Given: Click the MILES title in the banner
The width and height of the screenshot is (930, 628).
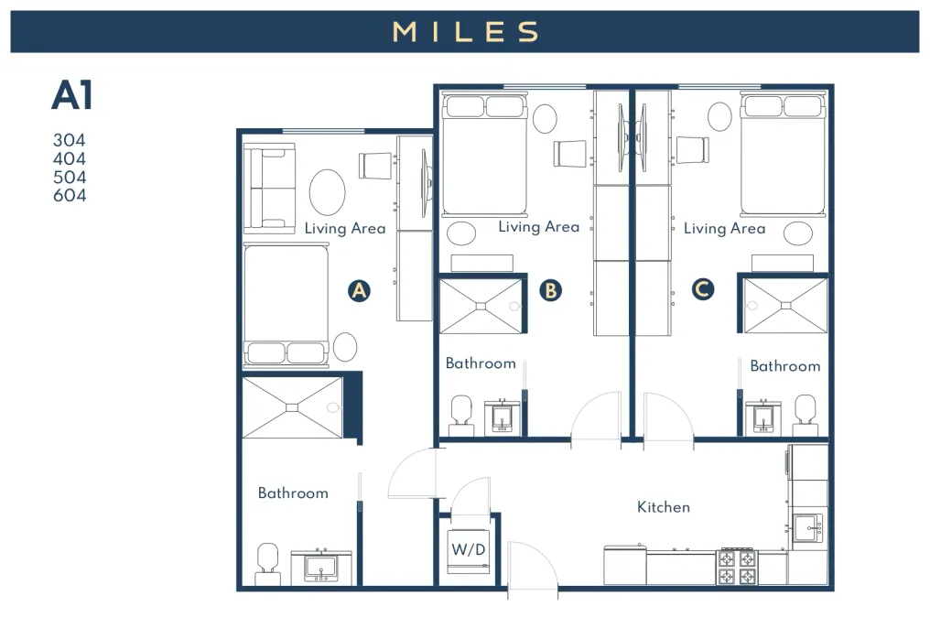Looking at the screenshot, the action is pyautogui.click(x=466, y=31).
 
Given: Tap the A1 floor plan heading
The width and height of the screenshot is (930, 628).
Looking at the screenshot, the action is pyautogui.click(x=72, y=95).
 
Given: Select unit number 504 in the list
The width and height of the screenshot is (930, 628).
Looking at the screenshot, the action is pyautogui.click(x=70, y=177).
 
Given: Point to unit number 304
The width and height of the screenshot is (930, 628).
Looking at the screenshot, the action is pyautogui.click(x=70, y=140).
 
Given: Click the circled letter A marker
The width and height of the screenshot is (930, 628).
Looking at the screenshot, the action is pyautogui.click(x=360, y=290).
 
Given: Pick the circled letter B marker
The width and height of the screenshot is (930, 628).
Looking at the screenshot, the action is pyautogui.click(x=550, y=290).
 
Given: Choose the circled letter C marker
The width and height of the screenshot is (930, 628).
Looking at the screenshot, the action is pyautogui.click(x=703, y=289).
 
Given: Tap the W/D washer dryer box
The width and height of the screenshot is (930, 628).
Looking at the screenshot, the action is pyautogui.click(x=469, y=551).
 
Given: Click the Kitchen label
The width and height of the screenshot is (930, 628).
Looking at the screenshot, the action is pyautogui.click(x=664, y=507).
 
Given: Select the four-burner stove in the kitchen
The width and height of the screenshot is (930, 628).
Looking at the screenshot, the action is pyautogui.click(x=737, y=567).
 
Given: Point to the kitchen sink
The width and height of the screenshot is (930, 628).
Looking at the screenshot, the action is pyautogui.click(x=808, y=528).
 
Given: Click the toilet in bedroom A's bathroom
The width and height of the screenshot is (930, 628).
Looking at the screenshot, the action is pyautogui.click(x=268, y=564).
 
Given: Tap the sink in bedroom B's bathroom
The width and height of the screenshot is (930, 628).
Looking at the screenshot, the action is pyautogui.click(x=503, y=417).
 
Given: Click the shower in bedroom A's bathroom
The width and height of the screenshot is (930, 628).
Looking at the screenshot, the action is pyautogui.click(x=292, y=407).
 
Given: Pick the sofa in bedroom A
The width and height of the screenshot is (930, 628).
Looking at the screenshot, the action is pyautogui.click(x=270, y=188).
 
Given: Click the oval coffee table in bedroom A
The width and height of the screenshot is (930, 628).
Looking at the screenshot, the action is pyautogui.click(x=328, y=192).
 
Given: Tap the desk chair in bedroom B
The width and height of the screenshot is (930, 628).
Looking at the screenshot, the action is pyautogui.click(x=570, y=153).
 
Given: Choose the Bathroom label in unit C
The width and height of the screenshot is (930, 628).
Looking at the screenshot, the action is pyautogui.click(x=785, y=366).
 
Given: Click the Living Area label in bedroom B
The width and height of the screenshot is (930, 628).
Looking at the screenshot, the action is pyautogui.click(x=539, y=226).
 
